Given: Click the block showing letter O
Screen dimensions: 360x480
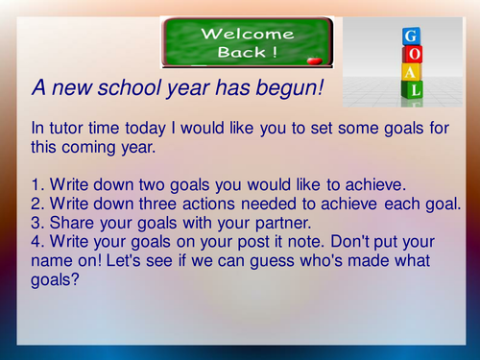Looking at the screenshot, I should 413,56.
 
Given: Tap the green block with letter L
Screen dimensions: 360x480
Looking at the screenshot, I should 413,90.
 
